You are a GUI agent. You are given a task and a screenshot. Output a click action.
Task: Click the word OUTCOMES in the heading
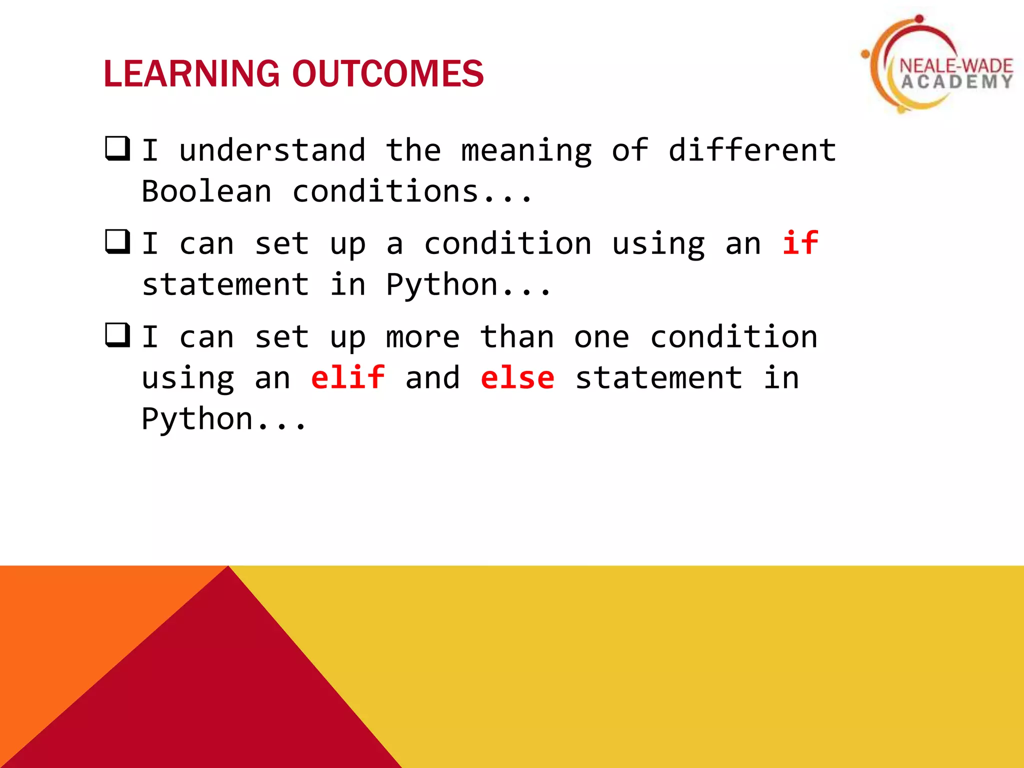coord(387,74)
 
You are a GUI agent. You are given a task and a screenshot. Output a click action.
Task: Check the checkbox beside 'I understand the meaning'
coord(118,148)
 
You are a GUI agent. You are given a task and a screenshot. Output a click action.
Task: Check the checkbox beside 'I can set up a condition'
coord(118,242)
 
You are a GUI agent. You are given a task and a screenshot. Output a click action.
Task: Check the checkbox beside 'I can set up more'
coord(118,335)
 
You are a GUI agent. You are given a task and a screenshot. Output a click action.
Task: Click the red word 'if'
coord(800,243)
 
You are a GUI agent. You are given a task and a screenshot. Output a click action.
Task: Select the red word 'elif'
coord(348,377)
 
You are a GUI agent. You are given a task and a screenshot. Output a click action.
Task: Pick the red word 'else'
coord(517,377)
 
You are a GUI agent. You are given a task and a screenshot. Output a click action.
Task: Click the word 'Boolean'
coord(206,191)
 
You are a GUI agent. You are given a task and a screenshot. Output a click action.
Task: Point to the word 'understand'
coord(272,150)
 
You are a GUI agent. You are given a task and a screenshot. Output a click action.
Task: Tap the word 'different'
coord(752,150)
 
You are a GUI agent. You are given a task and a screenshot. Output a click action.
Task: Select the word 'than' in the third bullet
coord(517,337)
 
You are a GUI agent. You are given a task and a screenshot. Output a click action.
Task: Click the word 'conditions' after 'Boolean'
coord(385,191)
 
